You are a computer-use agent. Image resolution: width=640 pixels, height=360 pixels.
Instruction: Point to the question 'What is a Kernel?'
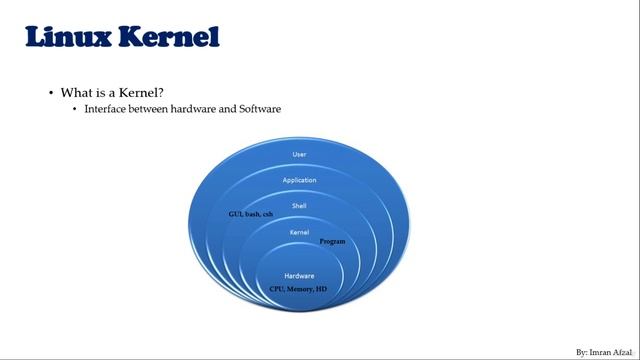(x=112, y=92)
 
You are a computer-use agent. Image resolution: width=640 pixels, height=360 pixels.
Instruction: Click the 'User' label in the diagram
(x=299, y=154)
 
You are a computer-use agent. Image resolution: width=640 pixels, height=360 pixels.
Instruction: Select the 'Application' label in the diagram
(x=299, y=180)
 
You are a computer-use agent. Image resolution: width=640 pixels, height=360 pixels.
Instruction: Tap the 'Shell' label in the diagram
(x=299, y=205)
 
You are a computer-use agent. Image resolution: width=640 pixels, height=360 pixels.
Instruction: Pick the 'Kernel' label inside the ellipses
(x=299, y=232)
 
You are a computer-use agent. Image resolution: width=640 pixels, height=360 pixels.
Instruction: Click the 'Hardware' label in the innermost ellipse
(x=299, y=275)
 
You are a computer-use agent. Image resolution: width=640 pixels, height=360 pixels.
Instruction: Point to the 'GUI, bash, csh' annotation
(x=250, y=215)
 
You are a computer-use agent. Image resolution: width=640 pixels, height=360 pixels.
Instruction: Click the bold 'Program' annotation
(x=332, y=242)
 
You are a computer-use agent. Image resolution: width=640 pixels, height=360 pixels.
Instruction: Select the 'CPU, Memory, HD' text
(x=298, y=288)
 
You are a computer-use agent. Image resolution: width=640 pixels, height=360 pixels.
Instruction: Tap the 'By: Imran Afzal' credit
(x=603, y=353)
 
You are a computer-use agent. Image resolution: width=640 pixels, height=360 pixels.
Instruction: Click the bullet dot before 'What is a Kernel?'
(x=51, y=93)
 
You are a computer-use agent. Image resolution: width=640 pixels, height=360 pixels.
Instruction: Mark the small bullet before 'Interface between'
(x=74, y=109)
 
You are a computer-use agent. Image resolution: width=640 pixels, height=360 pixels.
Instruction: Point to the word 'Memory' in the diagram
(x=299, y=288)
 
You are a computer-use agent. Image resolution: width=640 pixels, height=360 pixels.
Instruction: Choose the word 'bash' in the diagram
(x=252, y=215)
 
